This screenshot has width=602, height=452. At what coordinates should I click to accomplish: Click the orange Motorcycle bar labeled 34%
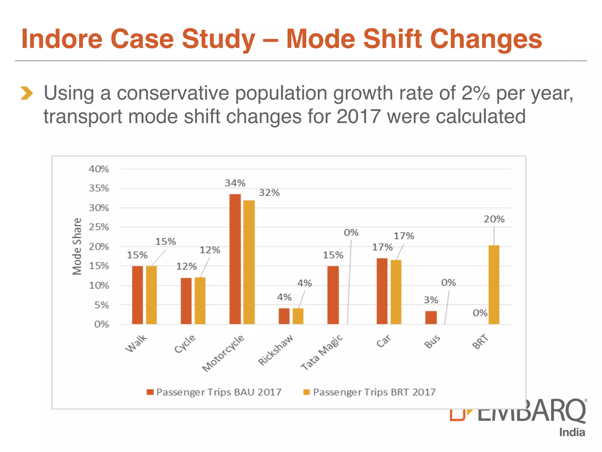(x=235, y=259)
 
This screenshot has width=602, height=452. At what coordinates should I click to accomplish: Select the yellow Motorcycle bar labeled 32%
(x=249, y=262)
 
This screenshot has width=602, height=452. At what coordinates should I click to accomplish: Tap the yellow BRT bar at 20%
(x=494, y=285)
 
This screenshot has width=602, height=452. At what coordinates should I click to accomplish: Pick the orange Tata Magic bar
(x=333, y=295)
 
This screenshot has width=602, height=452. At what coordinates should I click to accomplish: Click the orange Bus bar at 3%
(x=431, y=318)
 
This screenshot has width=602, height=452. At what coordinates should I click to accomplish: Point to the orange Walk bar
(x=137, y=295)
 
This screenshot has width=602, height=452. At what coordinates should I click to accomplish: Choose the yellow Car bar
(x=396, y=292)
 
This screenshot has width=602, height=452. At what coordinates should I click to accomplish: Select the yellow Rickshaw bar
(x=298, y=316)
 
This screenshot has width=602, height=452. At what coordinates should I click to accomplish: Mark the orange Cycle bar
(x=186, y=301)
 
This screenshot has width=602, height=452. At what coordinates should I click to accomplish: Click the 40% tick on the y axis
(x=99, y=169)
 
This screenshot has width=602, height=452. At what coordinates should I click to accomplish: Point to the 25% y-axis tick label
(x=99, y=227)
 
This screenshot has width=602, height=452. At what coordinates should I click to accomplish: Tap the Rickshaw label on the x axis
(x=276, y=350)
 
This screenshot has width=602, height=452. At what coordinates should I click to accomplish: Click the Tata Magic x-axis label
(x=322, y=352)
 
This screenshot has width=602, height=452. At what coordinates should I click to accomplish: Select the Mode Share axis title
(x=77, y=247)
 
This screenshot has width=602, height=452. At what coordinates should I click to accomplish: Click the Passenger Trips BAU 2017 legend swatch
(x=150, y=392)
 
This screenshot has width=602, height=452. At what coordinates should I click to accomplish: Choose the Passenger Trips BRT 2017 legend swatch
(x=307, y=392)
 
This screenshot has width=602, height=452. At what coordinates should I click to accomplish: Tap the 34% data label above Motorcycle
(x=235, y=183)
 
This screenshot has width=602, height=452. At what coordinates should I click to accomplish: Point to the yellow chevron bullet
(x=27, y=93)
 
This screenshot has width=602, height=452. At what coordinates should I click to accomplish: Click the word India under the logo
(x=572, y=432)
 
